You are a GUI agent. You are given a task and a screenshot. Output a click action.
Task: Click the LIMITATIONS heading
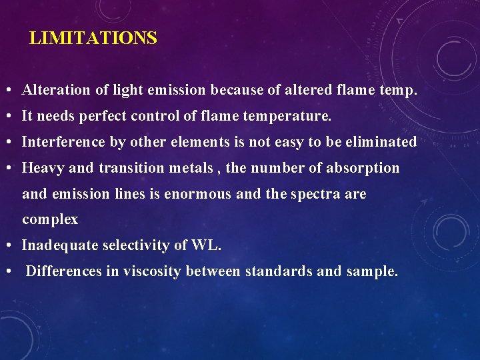tap(93, 39)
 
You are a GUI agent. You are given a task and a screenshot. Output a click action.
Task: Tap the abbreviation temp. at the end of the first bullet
tap(398, 90)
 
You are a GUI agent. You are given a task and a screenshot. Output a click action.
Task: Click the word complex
tap(50, 220)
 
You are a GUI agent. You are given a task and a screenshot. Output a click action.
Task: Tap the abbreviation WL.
tap(207, 245)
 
